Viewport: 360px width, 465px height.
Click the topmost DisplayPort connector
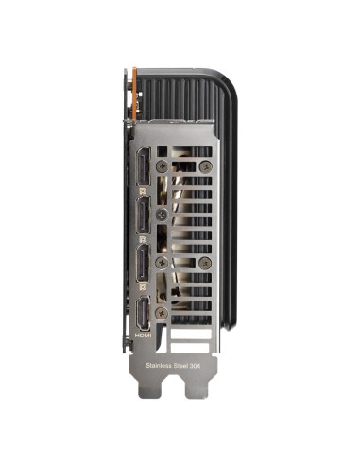pos(144,166)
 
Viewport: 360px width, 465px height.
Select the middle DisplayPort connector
pos(144,215)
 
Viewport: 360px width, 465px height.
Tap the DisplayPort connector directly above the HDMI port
pos(144,264)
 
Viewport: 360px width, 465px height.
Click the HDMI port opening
pos(144,313)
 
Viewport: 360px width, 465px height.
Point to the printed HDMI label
pos(143,336)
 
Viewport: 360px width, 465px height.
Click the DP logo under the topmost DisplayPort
pos(143,191)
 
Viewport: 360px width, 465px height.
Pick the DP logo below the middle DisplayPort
pos(143,239)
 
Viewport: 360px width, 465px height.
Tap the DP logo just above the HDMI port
pos(143,287)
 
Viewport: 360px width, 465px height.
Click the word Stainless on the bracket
pos(159,366)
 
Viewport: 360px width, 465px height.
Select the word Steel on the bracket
pos(180,366)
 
